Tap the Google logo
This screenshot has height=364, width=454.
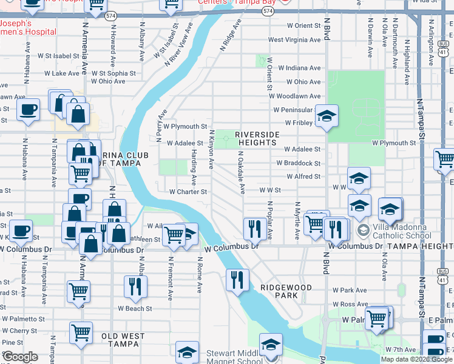[20, 357]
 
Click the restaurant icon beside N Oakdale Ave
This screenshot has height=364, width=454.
[253, 228]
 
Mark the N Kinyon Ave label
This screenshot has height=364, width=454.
[212, 149]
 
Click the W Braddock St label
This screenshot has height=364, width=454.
[298, 163]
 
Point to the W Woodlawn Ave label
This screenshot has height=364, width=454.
[295, 96]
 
